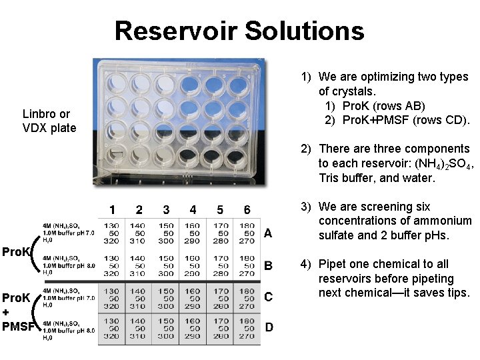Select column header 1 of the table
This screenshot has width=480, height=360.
(112, 210)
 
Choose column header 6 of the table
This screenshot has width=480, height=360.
(247, 210)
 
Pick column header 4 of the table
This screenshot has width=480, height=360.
(193, 210)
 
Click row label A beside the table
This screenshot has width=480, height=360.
(268, 233)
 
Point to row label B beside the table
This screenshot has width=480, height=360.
(268, 266)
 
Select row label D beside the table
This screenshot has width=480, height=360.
(268, 327)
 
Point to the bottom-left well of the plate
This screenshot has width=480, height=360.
(111, 158)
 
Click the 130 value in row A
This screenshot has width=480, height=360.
(112, 225)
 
